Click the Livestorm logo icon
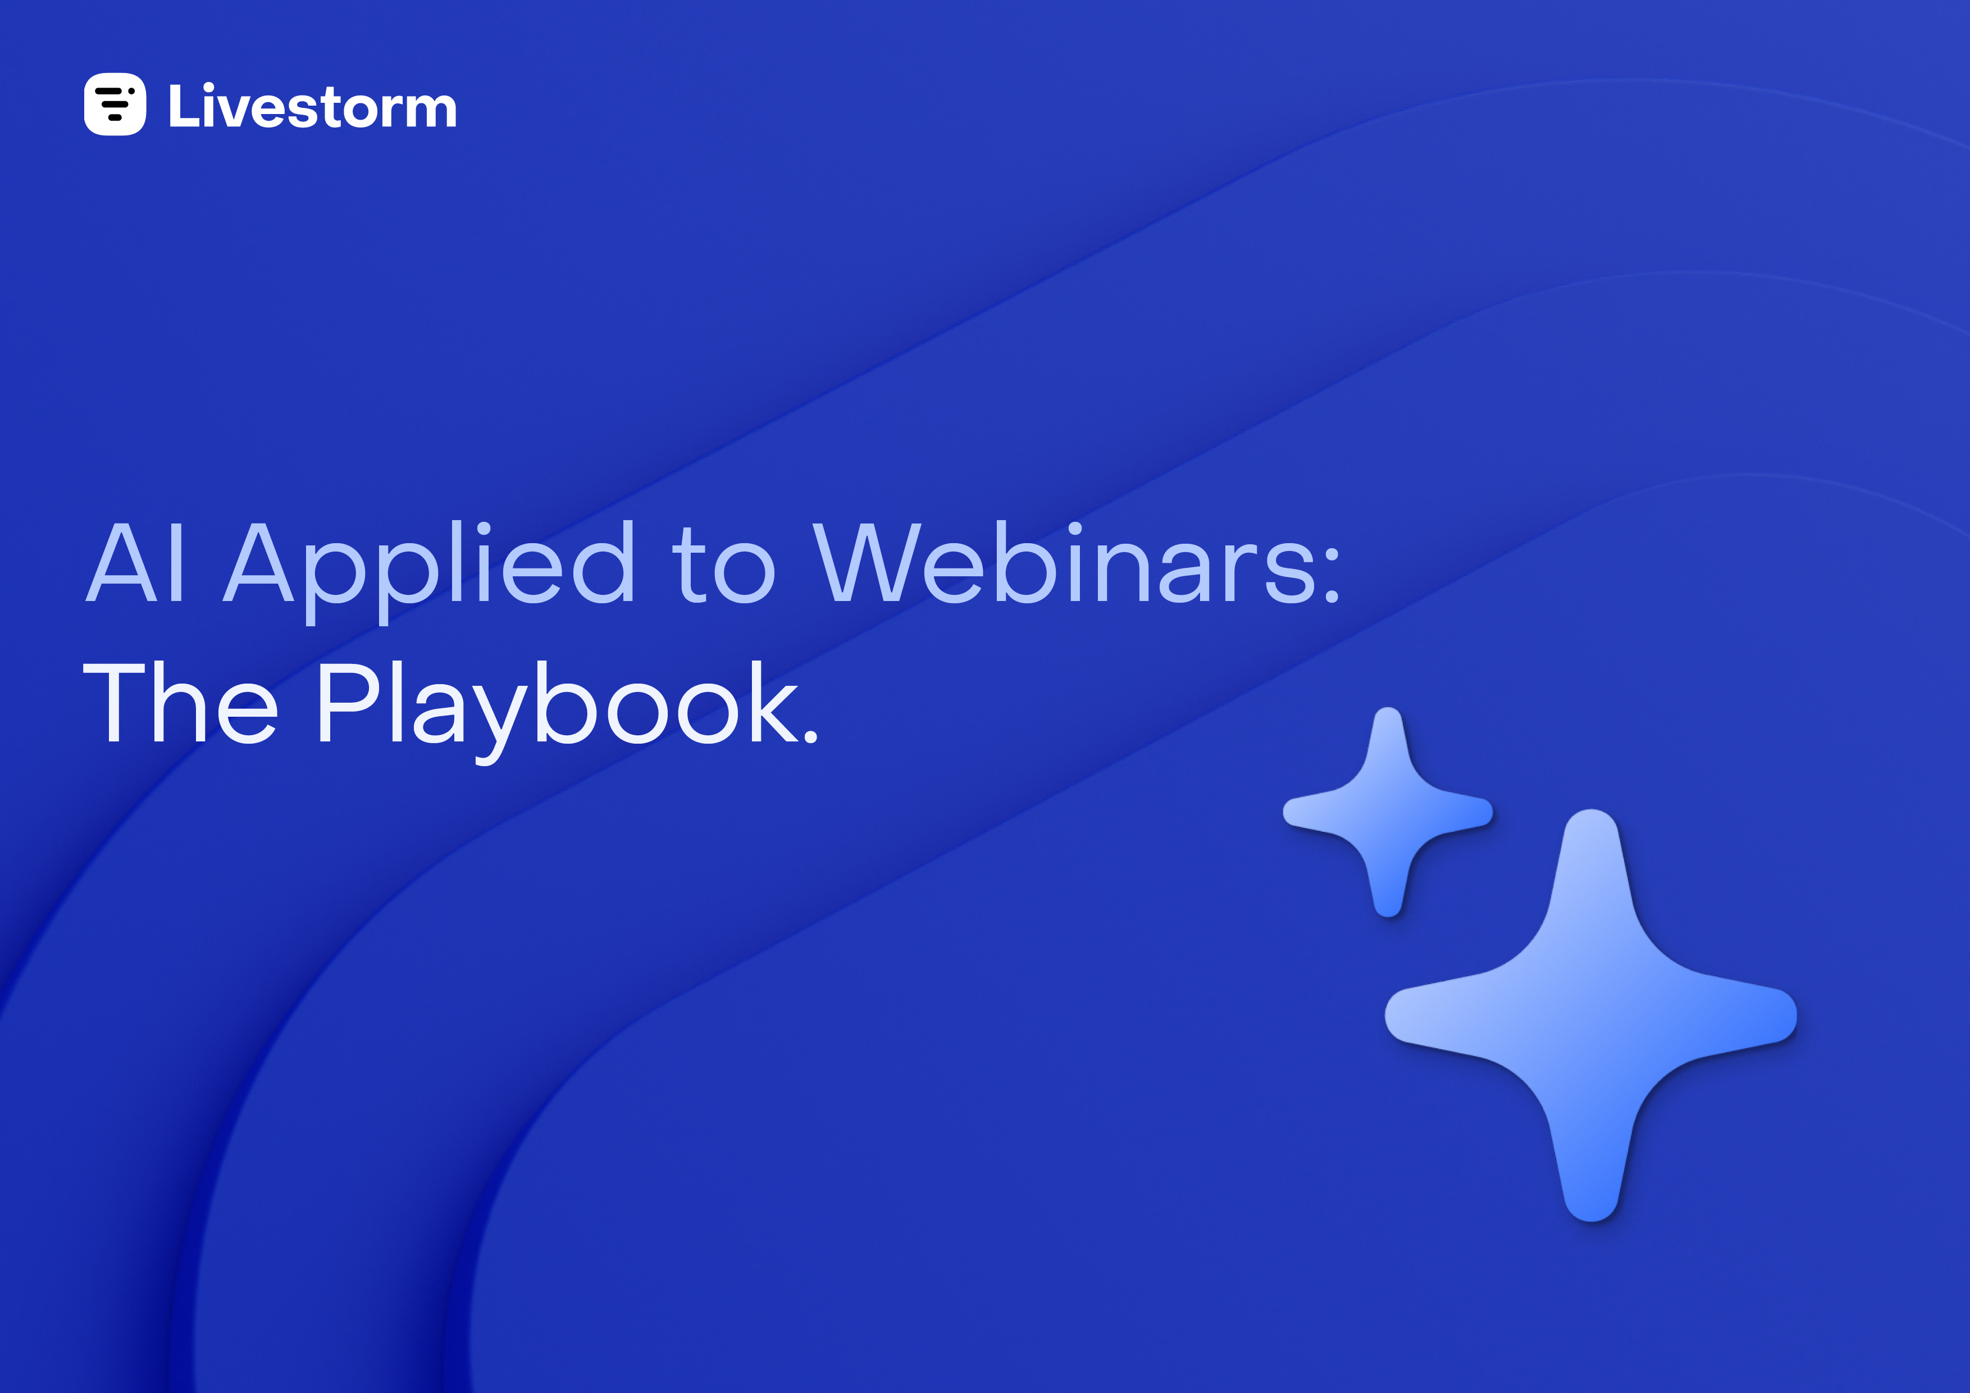pos(115,104)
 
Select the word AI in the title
pos(135,562)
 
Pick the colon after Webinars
pos(1331,574)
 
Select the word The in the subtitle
pos(180,702)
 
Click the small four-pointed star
pos(1388,812)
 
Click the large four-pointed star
pos(1591,1014)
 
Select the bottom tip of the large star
pos(1591,1219)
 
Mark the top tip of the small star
pos(1388,709)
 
